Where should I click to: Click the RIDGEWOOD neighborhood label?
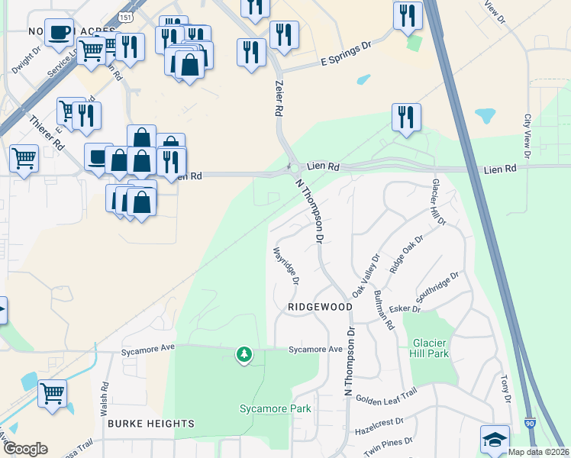[x=320, y=307]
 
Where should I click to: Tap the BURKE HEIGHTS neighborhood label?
[x=150, y=424]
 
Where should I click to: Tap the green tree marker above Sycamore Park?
[x=244, y=354]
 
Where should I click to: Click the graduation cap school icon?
[x=495, y=439]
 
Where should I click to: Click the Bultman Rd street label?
[x=384, y=309]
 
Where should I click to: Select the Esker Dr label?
[x=405, y=309]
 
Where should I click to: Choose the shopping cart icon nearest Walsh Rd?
[x=53, y=393]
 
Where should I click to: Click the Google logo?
[x=25, y=449]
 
